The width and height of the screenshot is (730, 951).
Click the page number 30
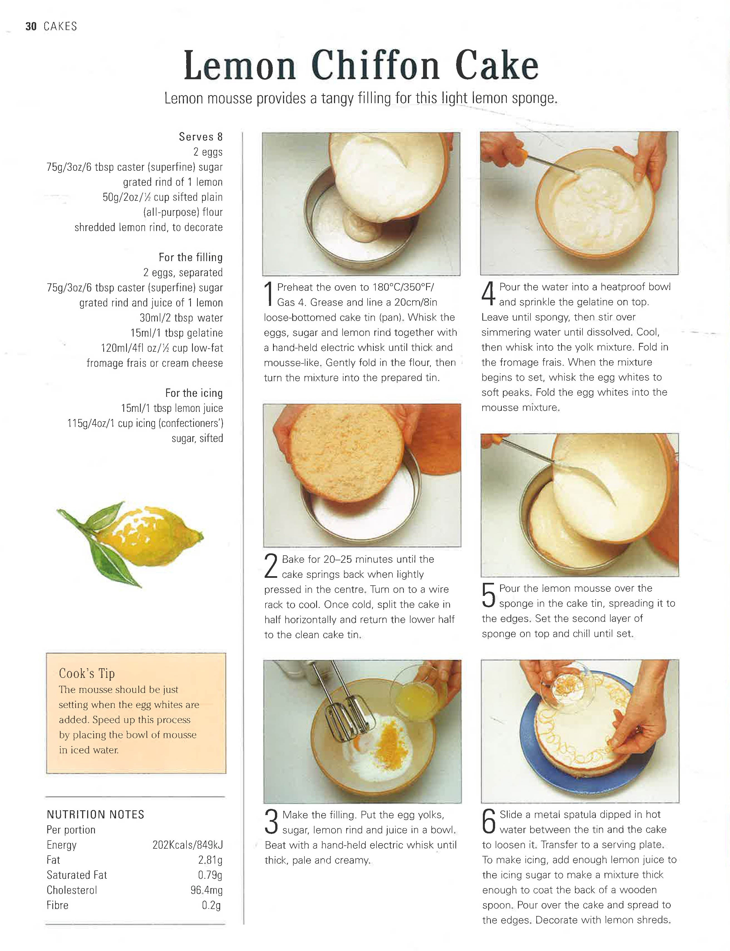click(31, 26)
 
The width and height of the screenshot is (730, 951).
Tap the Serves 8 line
click(201, 137)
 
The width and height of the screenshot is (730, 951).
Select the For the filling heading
click(191, 257)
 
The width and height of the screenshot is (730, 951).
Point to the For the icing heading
click(194, 393)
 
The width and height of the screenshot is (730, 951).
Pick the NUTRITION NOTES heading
click(95, 815)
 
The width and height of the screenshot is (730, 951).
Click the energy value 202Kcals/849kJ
click(187, 845)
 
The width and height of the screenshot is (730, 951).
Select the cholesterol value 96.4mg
click(207, 890)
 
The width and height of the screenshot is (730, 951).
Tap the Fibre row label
click(57, 905)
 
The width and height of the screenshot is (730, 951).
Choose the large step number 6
click(489, 822)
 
